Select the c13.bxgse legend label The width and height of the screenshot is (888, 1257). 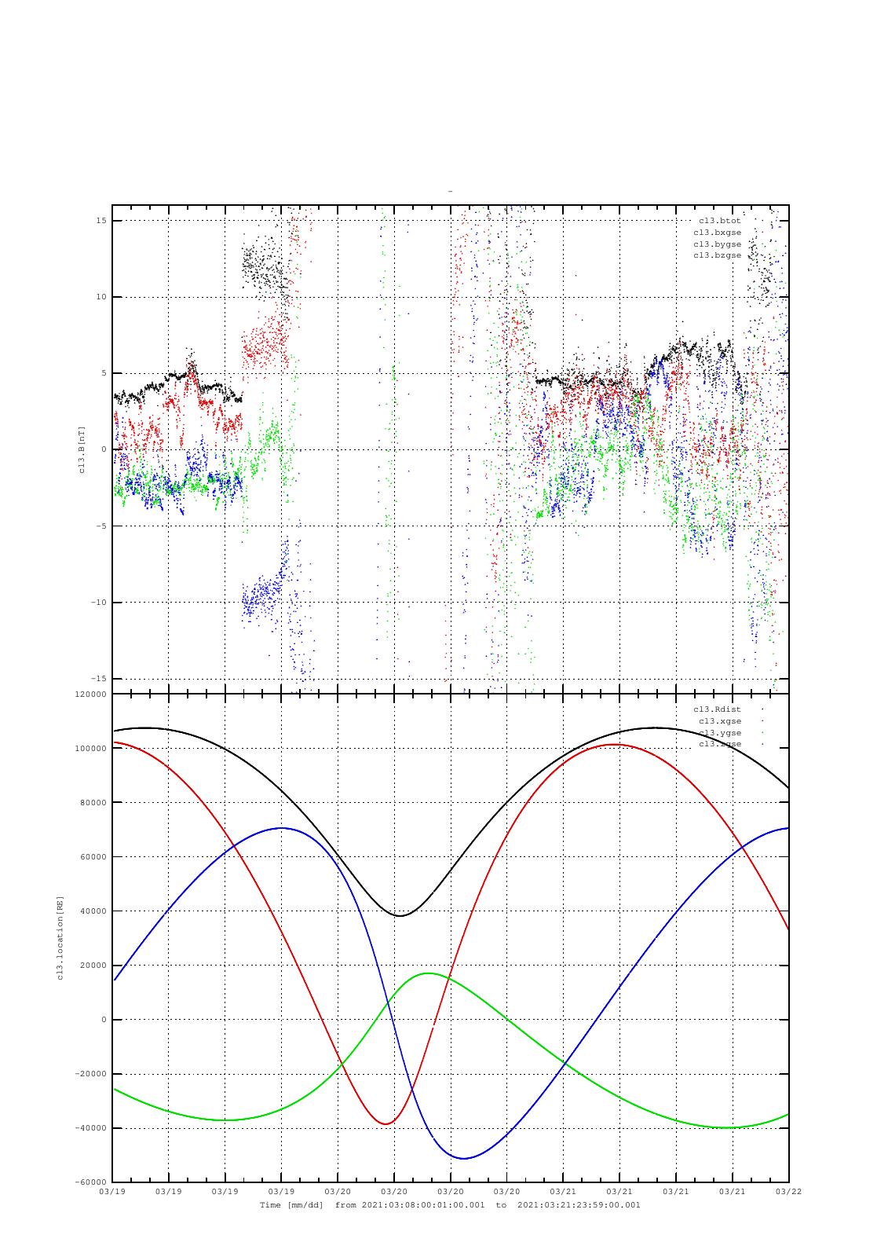tap(717, 233)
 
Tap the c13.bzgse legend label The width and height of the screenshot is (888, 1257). tap(717, 255)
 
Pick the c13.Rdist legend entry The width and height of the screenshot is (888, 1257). tap(717, 709)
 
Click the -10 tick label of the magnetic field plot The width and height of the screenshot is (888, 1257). tap(99, 603)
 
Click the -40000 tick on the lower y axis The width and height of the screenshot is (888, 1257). tap(90, 1128)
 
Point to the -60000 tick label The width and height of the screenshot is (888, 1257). tap(90, 1182)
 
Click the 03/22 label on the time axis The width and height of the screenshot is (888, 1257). tap(788, 1192)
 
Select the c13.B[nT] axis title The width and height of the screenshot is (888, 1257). tap(81, 449)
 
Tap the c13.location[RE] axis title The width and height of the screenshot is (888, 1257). tap(60, 938)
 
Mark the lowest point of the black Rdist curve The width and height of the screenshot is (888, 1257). tap(400, 915)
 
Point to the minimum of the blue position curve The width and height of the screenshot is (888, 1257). tap(463, 1158)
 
